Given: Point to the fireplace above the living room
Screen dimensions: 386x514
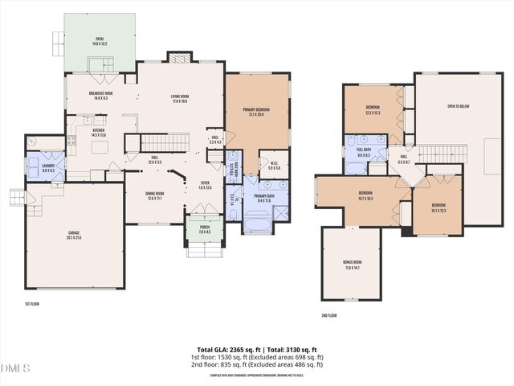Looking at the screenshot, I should tap(178, 58).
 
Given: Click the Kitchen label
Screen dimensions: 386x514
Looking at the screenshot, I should tap(98, 133).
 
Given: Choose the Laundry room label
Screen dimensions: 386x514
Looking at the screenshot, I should tap(38, 169).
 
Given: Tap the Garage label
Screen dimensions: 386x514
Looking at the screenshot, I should tap(74, 235).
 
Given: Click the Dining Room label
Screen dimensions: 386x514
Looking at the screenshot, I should tap(154, 195).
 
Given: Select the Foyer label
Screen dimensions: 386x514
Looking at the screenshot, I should tap(205, 186).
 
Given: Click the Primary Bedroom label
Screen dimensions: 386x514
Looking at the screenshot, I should tap(257, 112).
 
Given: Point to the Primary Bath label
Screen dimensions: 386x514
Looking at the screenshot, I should tap(264, 198).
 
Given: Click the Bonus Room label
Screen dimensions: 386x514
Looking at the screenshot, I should tap(352, 264).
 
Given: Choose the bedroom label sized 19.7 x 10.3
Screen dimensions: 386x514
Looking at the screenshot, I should tap(365, 195).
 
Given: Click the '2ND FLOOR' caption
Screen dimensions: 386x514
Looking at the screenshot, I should tap(329, 315).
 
